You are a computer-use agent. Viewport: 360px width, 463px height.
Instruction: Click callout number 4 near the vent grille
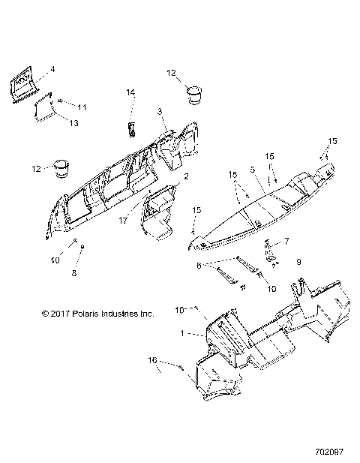pyautogui.click(x=52, y=69)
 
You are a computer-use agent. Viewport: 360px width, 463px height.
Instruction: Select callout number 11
pyautogui.click(x=83, y=107)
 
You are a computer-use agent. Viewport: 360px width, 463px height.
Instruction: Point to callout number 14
pyautogui.click(x=130, y=92)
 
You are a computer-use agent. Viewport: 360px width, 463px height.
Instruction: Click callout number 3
pyautogui.click(x=159, y=111)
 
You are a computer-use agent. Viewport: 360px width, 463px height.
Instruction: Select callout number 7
pyautogui.click(x=286, y=242)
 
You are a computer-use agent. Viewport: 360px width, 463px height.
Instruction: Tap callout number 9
pyautogui.click(x=298, y=261)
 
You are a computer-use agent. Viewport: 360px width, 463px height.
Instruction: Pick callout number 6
pyautogui.click(x=198, y=265)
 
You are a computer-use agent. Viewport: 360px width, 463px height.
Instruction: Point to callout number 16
pyautogui.click(x=153, y=360)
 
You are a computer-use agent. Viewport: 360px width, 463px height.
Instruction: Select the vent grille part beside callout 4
pyautogui.click(x=24, y=82)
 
